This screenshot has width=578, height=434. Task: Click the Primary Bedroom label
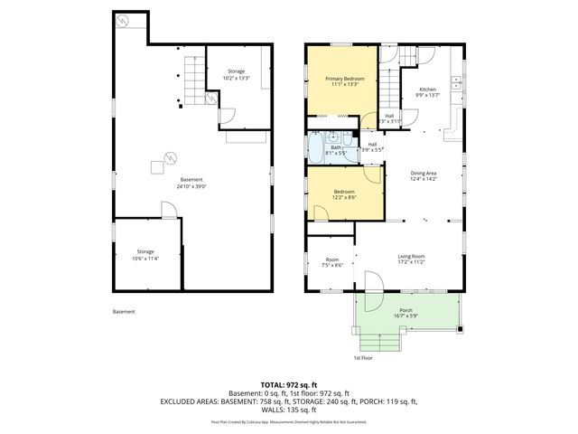(342, 80)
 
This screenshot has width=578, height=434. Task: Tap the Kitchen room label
(426, 90)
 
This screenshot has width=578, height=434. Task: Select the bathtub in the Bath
(316, 146)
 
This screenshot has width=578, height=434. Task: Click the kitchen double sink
(456, 87)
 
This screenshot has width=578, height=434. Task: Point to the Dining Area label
(424, 173)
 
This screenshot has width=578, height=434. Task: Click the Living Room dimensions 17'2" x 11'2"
(411, 262)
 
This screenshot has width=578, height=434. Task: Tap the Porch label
(405, 310)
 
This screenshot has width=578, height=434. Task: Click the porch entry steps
(378, 342)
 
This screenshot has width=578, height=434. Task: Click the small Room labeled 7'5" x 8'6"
(331, 261)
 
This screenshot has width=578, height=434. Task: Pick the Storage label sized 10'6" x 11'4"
(146, 254)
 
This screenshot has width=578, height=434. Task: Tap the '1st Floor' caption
(363, 358)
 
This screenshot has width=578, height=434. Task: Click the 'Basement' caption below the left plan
(124, 312)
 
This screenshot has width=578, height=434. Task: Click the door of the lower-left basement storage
(169, 210)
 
